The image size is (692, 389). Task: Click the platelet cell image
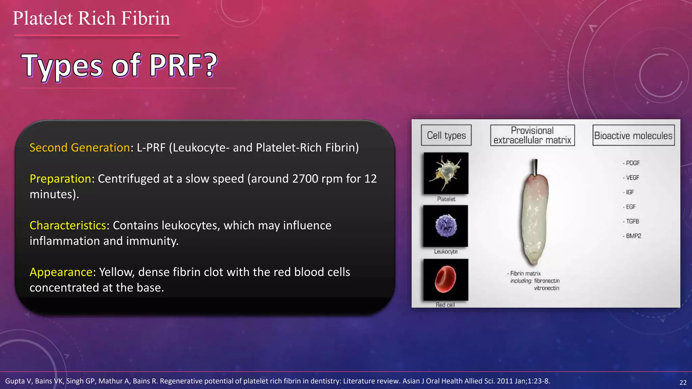coord(446,173)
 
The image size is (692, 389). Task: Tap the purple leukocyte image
coord(446,226)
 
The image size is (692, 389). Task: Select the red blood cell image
coord(446,279)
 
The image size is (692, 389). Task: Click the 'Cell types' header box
coord(446,135)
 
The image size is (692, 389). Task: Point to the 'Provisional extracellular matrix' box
coord(532,135)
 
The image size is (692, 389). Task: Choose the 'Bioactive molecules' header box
coord(633,135)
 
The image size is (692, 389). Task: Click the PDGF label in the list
coord(632,163)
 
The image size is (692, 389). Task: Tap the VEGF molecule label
coord(632,178)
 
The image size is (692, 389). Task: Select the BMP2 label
coord(633,236)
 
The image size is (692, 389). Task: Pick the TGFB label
coord(632,222)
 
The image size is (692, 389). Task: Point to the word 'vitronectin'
coord(546,288)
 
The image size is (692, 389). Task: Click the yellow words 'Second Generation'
coord(80,148)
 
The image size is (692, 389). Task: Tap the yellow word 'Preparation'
coord(60,179)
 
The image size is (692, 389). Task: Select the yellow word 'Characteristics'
coord(68,225)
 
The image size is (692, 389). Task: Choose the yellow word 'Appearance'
coord(61,272)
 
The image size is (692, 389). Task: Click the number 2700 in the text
coord(306,179)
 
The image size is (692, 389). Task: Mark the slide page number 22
coord(683,382)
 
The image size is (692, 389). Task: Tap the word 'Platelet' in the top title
coord(43,18)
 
